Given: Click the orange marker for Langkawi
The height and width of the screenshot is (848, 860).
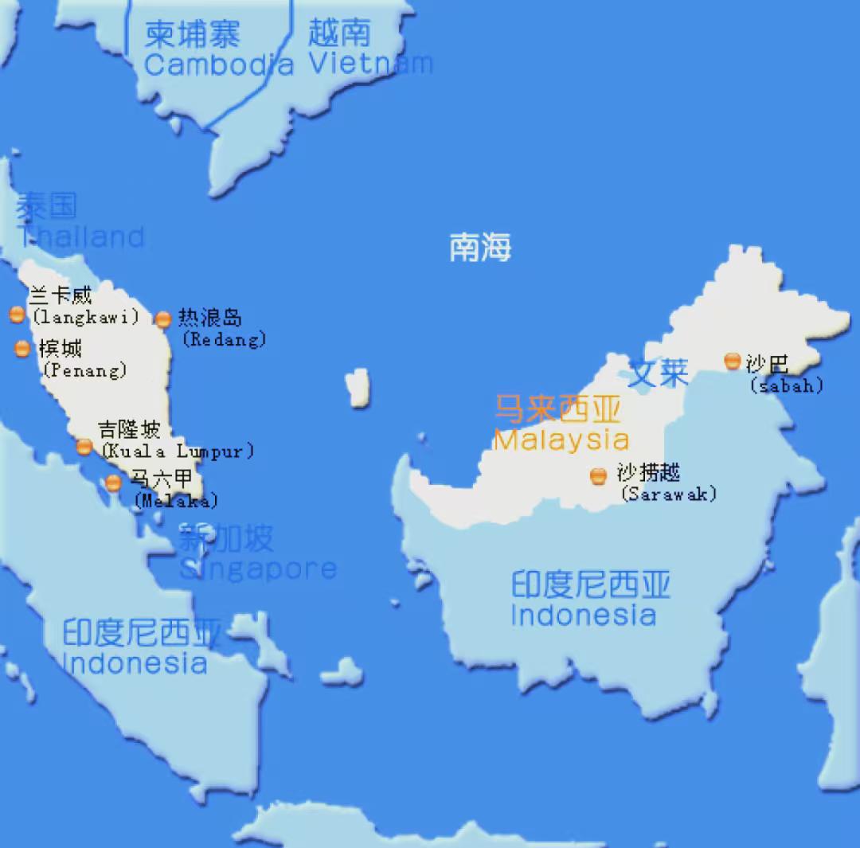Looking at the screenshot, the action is pos(17,315).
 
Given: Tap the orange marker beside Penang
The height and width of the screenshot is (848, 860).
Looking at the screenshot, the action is pos(22,348).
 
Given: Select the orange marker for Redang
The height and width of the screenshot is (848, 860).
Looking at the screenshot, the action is pos(163,319).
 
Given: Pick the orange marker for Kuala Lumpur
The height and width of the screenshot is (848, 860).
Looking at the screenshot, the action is pos(84,447).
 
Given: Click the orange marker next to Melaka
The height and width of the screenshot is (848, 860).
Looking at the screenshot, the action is pos(114,483).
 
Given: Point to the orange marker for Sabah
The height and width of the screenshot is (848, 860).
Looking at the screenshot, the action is pos(733,361).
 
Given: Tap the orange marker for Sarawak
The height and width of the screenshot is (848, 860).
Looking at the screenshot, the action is pos(598,476).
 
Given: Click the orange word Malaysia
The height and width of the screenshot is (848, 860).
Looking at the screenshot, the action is pos(561,440).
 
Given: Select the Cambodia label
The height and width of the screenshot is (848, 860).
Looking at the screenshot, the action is pos(218,64).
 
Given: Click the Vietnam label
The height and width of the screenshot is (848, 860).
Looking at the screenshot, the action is pos(370,63).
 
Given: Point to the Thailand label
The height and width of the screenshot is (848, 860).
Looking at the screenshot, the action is pos(80,236).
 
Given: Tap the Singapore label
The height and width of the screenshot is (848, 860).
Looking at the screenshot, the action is pos(257,569).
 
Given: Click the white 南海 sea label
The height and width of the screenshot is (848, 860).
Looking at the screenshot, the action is pos(480,248).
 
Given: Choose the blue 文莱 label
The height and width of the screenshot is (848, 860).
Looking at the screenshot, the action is pos(659,373).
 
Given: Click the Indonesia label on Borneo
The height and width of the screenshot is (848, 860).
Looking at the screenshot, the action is pos(584,615).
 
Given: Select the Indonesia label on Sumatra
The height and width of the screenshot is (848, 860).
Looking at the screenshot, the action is pos(135,662).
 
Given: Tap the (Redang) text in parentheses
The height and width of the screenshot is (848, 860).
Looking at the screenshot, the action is pos(224,340).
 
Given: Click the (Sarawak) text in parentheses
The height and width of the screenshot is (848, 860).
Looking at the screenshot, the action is pos(668,494).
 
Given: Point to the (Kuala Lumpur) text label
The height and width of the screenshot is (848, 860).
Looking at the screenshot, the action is pos(177,451).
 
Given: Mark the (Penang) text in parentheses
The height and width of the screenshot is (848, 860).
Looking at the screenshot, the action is pos(85,370).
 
